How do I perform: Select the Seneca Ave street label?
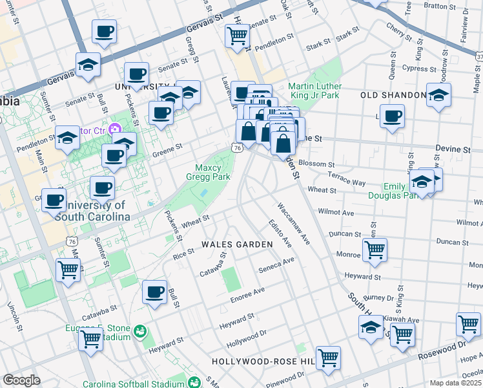(x=276, y=264)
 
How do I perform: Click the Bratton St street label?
(x=440, y=5)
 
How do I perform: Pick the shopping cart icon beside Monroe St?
(x=375, y=249)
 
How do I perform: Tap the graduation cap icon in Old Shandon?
(x=438, y=94)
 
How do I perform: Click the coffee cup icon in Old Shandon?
(x=392, y=116)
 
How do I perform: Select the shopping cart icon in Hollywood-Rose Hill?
(x=328, y=357)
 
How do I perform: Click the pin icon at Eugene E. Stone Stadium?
(x=140, y=333)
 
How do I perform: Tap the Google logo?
(x=21, y=380)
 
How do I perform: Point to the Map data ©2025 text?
(x=455, y=383)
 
